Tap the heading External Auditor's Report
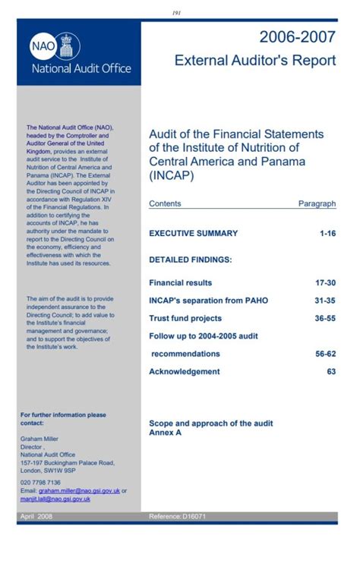(x=254, y=61)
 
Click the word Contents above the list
(x=165, y=203)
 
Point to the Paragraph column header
(x=317, y=203)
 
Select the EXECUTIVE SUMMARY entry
(x=193, y=234)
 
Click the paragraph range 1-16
(x=327, y=234)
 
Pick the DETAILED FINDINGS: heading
(x=190, y=260)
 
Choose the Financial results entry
(x=180, y=282)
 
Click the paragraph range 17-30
(x=325, y=282)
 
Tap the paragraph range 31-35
(x=325, y=301)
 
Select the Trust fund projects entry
(x=185, y=319)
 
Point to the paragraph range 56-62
(x=325, y=354)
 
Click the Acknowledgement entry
(x=184, y=372)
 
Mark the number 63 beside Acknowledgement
(x=331, y=372)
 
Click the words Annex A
(x=165, y=433)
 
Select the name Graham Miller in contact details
(x=40, y=439)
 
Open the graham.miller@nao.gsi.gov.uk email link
(x=79, y=490)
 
